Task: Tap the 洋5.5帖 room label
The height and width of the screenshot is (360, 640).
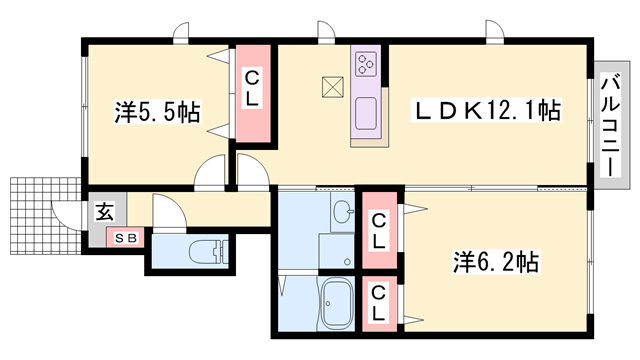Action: pyautogui.click(x=157, y=112)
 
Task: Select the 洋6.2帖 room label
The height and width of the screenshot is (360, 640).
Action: pyautogui.click(x=497, y=263)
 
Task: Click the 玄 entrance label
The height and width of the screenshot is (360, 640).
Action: pyautogui.click(x=104, y=212)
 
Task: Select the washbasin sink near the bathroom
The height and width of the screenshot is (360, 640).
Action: pyautogui.click(x=342, y=213)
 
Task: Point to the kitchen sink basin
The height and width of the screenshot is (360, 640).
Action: pyautogui.click(x=365, y=109)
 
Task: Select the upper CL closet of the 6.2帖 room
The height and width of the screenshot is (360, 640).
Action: pyautogui.click(x=379, y=231)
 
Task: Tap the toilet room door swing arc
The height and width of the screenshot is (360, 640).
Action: pyautogui.click(x=166, y=213)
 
